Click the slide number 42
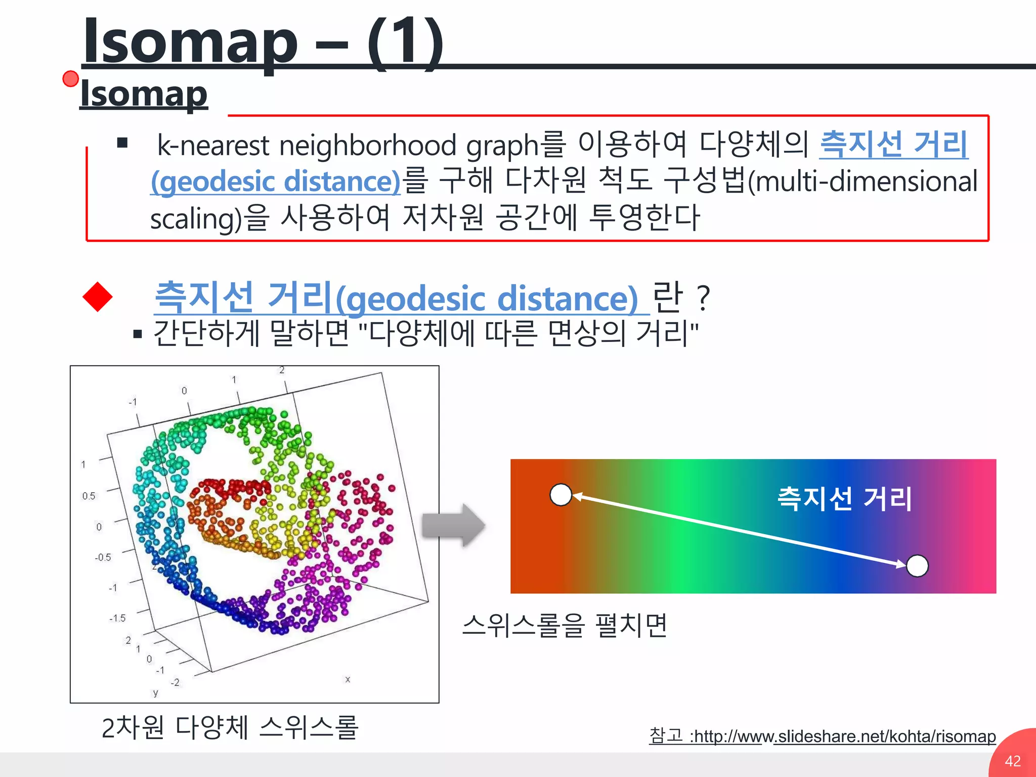click(1012, 761)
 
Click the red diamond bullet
click(98, 297)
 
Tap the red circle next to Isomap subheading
click(71, 79)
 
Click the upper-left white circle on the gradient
click(560, 495)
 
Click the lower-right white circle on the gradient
click(917, 566)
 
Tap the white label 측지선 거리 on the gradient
click(844, 499)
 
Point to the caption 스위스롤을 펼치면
click(565, 626)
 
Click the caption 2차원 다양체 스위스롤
click(230, 728)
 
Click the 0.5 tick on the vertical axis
click(89, 496)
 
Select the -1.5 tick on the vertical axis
click(117, 618)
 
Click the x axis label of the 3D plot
click(348, 679)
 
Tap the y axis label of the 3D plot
click(155, 693)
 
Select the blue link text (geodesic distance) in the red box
click(276, 182)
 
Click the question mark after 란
click(703, 298)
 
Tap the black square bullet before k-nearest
click(122, 143)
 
